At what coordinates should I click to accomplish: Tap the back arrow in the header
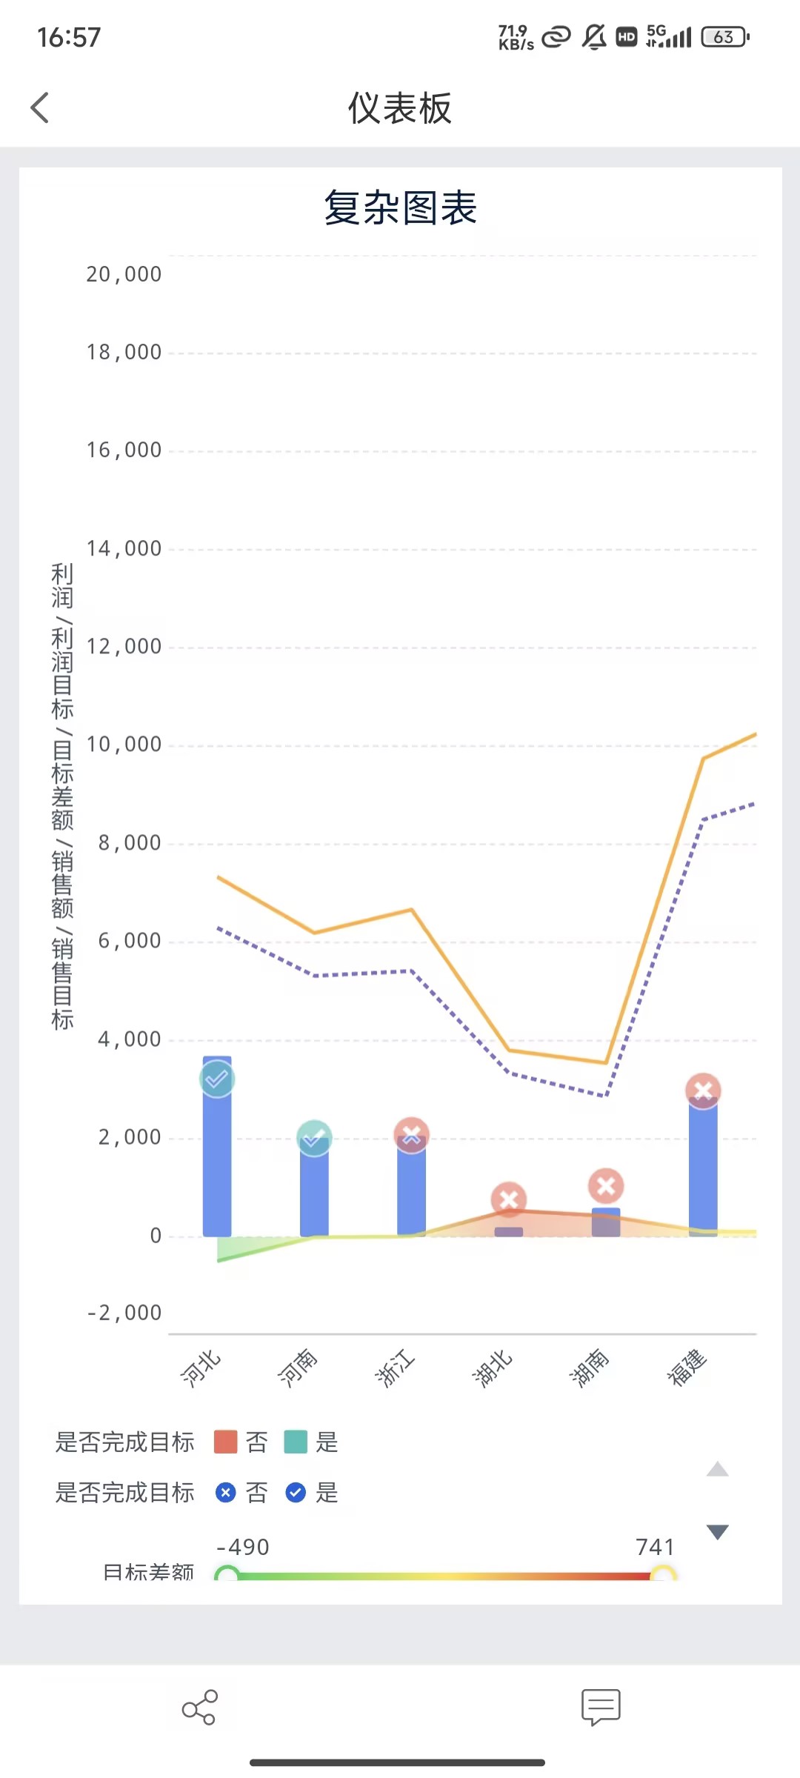(x=40, y=108)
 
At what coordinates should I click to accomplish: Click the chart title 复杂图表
(x=400, y=207)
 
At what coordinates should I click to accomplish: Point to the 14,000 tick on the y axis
(x=124, y=549)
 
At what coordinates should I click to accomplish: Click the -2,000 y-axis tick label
(x=124, y=1313)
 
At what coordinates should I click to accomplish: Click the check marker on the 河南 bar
(x=314, y=1137)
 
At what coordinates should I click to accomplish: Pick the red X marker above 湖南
(x=606, y=1186)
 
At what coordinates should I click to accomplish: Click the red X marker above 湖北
(x=509, y=1199)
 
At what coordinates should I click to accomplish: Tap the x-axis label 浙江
(x=395, y=1368)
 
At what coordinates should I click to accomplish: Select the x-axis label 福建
(x=687, y=1368)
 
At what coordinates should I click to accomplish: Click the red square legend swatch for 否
(x=225, y=1442)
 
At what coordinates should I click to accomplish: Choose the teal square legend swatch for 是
(x=296, y=1442)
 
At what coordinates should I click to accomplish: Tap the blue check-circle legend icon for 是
(x=296, y=1492)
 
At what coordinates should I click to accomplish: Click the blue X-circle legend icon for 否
(x=225, y=1492)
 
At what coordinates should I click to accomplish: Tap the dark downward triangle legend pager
(x=717, y=1532)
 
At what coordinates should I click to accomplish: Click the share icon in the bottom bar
(x=199, y=1708)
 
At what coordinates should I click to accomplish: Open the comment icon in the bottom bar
(x=601, y=1708)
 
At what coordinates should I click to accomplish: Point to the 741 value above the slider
(x=655, y=1547)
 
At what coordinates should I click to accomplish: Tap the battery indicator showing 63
(x=725, y=37)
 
